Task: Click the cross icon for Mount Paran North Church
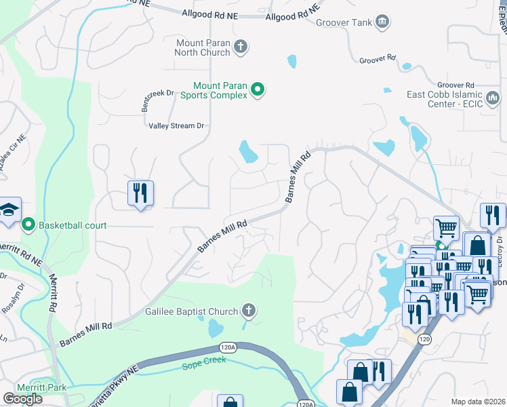(240, 47)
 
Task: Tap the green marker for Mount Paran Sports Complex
(258, 90)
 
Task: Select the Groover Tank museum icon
(382, 22)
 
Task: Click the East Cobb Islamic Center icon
(495, 99)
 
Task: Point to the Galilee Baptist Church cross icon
(249, 311)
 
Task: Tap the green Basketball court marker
(28, 225)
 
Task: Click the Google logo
(22, 399)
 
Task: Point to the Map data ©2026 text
(478, 402)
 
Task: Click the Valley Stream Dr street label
(176, 125)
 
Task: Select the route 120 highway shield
(424, 339)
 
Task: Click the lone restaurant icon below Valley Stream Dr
(140, 193)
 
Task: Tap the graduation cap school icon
(8, 210)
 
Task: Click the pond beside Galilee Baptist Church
(216, 330)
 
